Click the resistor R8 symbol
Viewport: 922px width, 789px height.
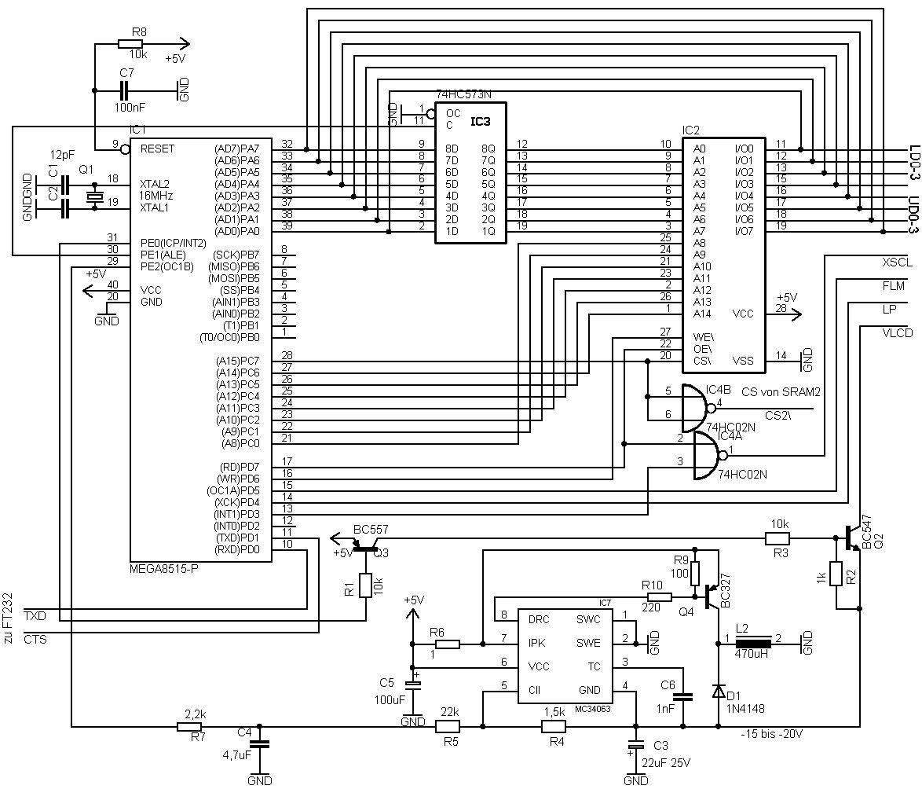tap(130, 44)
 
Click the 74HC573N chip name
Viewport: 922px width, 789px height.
tap(463, 95)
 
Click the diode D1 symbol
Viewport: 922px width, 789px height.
tap(719, 691)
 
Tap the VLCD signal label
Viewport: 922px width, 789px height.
tap(897, 333)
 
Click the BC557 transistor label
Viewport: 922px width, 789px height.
tap(371, 529)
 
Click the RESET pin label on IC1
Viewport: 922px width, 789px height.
tap(157, 149)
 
